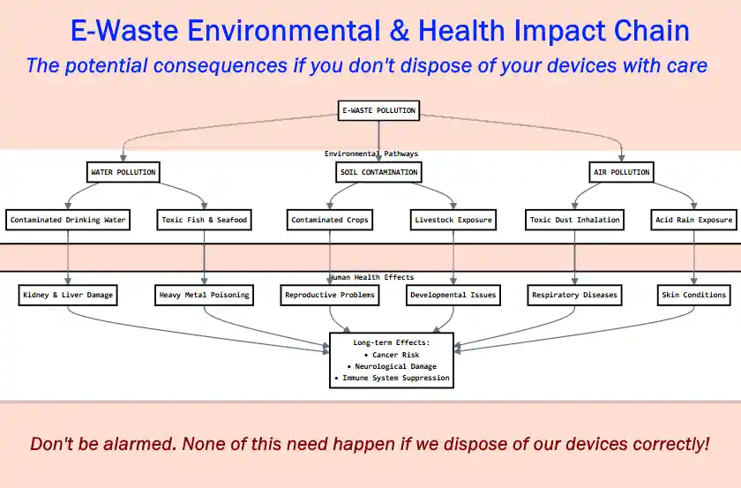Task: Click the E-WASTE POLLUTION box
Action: [378, 110]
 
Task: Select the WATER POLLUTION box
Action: [123, 172]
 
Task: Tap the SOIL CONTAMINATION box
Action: [378, 172]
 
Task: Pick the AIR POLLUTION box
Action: [621, 172]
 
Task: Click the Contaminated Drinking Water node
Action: [68, 220]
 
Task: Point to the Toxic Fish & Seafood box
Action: [205, 220]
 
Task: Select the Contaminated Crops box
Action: [330, 220]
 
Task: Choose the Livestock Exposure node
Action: [453, 220]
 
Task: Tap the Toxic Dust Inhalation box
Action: [574, 220]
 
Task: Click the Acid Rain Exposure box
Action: [694, 220]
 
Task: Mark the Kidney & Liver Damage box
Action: [68, 295]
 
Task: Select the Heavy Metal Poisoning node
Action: [205, 295]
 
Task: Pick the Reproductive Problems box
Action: [330, 295]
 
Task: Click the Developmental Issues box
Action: [453, 295]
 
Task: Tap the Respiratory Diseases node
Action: [574, 295]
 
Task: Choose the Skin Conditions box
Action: [694, 295]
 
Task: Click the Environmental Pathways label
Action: [371, 154]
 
